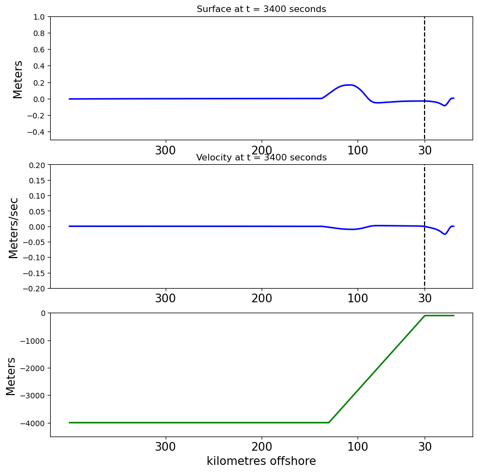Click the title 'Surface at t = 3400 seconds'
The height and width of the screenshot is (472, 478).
point(261,9)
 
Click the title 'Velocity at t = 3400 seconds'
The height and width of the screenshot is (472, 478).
point(261,157)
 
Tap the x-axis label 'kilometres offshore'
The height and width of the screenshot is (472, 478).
point(261,461)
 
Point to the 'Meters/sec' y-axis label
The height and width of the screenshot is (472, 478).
point(14,228)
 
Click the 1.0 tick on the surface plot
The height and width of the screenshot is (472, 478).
point(39,17)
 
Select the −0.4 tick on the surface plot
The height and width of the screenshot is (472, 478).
point(36,132)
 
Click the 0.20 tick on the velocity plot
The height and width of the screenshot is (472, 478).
point(37,165)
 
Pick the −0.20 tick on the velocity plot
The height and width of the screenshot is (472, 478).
point(34,289)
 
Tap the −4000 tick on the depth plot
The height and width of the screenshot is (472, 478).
point(33,423)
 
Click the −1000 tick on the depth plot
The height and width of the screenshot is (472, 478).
point(33,341)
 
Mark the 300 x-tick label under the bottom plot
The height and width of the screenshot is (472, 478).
point(166,447)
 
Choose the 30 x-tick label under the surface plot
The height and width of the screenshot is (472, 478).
point(425,150)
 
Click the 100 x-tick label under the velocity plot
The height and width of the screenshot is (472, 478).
point(358,298)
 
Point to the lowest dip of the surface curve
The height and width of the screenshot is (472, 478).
point(445,105)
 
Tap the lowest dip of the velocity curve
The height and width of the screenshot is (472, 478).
point(445,234)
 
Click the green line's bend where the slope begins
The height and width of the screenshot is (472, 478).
point(329,422)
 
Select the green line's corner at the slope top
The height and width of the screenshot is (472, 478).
point(425,315)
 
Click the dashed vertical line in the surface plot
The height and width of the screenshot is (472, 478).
point(425,79)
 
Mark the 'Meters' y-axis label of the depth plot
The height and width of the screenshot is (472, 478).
point(11,377)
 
